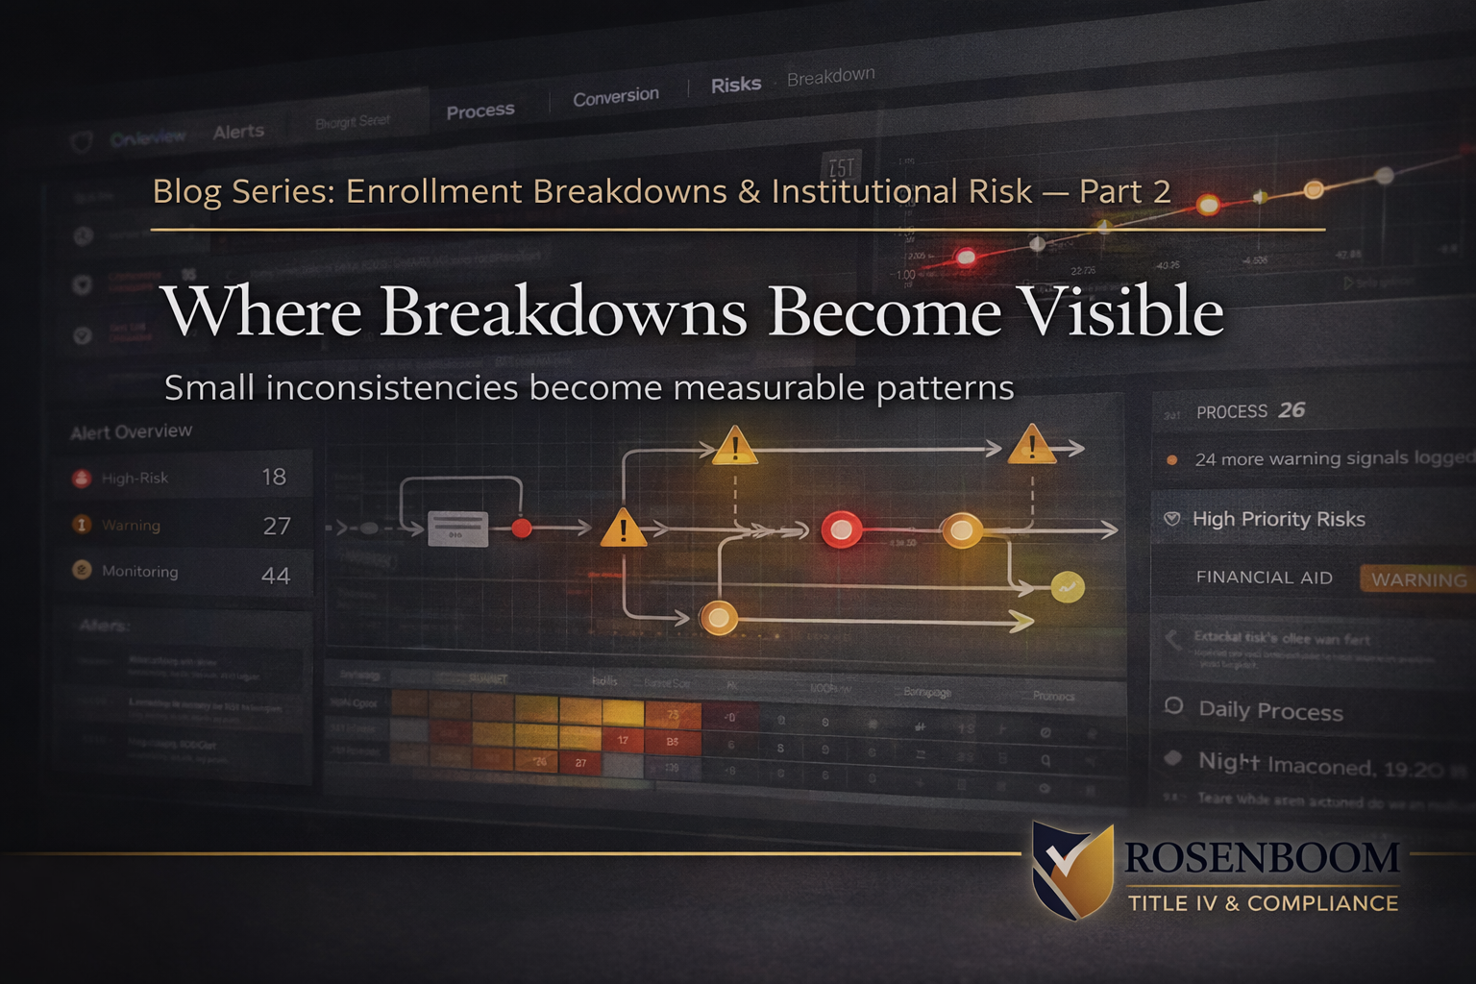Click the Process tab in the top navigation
coord(480,111)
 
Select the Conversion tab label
coord(616,97)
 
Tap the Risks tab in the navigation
coord(735,86)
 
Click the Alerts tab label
coord(238,132)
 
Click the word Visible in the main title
coord(1120,312)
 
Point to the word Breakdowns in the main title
coord(563,312)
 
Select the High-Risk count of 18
coord(274,477)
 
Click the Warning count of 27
coord(277,526)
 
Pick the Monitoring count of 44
coord(276,575)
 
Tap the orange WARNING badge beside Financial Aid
coord(1418,579)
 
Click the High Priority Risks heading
coord(1278,519)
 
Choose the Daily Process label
coord(1270,711)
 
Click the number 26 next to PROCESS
coord(1291,410)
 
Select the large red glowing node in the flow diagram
coord(842,529)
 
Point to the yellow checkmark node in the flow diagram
coord(1067,586)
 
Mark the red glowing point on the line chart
coord(966,257)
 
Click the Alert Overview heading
coord(132,431)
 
